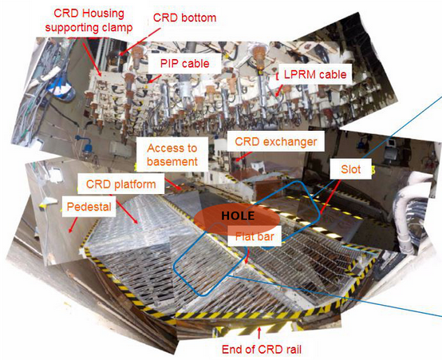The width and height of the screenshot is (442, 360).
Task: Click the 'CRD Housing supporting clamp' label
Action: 89,21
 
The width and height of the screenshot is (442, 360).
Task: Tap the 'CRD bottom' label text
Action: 184,18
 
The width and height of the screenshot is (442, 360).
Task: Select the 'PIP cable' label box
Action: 184,64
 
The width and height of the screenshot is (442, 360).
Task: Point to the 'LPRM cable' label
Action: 315,74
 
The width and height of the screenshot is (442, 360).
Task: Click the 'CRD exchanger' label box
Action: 276,141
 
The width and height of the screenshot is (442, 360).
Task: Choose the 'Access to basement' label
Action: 172,155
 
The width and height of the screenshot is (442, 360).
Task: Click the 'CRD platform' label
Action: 121,184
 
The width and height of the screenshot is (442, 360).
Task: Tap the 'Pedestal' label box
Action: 89,207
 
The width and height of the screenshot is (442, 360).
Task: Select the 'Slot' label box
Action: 351,169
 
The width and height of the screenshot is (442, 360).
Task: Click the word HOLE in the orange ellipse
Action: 238,216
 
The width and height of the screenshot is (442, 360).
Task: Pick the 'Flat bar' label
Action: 255,236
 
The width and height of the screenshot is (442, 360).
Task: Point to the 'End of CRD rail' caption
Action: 262,350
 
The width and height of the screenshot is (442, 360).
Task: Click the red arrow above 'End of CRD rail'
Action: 259,334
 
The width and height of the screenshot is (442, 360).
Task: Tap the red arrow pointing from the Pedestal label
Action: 73,225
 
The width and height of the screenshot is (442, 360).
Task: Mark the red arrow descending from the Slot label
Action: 330,196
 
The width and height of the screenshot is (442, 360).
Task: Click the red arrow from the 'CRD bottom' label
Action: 140,42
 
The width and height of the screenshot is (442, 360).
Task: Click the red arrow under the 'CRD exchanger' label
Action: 243,156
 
